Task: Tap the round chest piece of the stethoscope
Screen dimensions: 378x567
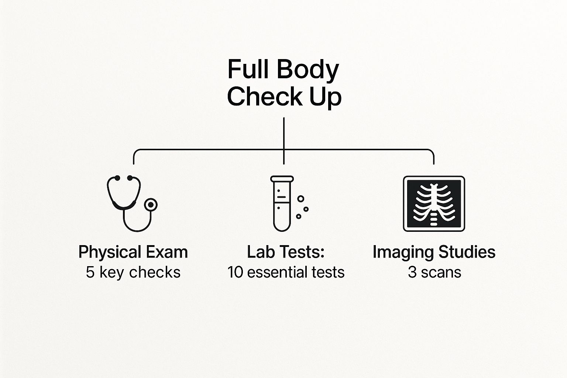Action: coord(151,205)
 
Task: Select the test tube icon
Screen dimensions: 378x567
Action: coord(282,203)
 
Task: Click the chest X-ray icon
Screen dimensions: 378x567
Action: coord(434,203)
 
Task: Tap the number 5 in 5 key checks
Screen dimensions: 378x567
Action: coord(90,272)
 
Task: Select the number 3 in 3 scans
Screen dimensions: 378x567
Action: coord(412,272)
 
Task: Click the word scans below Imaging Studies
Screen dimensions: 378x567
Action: coord(441,272)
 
